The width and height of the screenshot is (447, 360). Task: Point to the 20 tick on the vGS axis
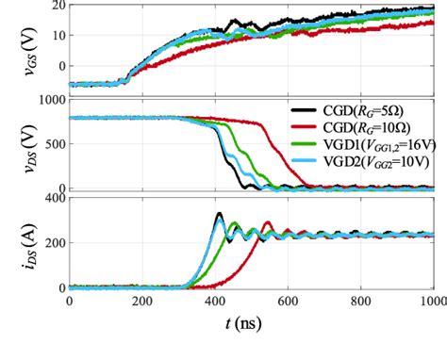coord(57,7)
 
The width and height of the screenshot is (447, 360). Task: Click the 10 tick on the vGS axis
coord(57,36)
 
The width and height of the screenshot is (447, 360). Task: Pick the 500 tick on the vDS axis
coord(53,145)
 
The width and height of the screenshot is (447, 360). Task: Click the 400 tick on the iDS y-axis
coord(53,199)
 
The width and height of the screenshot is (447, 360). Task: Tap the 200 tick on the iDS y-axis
coord(53,243)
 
